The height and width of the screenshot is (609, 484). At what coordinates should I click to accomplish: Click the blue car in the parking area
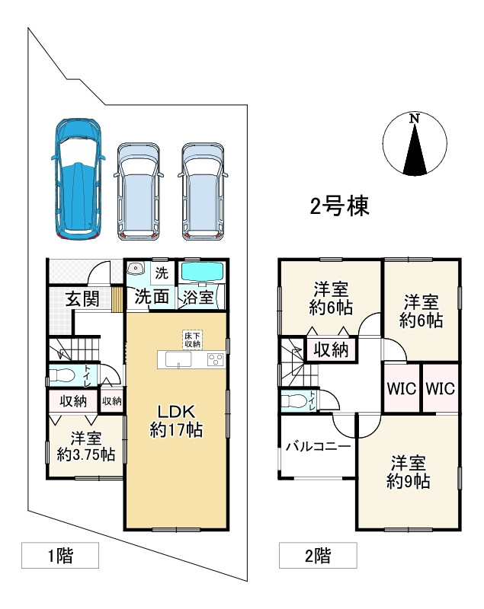[x=78, y=178]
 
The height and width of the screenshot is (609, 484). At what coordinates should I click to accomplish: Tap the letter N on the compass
[x=415, y=119]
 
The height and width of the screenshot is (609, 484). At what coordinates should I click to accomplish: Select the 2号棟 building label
[x=339, y=206]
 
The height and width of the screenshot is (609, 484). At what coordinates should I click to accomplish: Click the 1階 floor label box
[x=60, y=556]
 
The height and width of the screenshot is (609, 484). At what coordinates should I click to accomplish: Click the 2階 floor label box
[x=318, y=556]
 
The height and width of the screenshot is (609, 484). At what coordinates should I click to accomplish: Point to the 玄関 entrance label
[x=82, y=298]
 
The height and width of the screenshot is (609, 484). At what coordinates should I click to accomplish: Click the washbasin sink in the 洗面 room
[x=135, y=268]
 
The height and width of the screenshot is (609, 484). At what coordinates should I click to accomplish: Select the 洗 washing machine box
[x=162, y=273]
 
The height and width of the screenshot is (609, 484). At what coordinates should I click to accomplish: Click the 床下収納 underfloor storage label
[x=193, y=340]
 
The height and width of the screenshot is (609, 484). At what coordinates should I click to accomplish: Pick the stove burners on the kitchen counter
[x=216, y=359]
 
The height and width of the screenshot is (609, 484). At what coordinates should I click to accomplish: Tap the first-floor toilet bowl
[x=62, y=375]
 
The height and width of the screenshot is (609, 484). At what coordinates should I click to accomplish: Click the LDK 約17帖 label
[x=176, y=421]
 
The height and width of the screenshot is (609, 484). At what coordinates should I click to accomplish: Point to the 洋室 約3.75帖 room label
[x=86, y=446]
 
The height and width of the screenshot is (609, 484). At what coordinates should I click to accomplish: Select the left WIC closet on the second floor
[x=402, y=387]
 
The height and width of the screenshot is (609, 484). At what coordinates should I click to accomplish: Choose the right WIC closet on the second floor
[x=441, y=387]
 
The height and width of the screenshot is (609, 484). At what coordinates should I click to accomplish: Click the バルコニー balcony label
[x=318, y=446]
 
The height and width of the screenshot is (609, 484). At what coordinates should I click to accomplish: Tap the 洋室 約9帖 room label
[x=408, y=472]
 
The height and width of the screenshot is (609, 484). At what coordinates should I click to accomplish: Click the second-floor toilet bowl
[x=293, y=400]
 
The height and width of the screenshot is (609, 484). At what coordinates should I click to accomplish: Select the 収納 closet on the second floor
[x=331, y=350]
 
